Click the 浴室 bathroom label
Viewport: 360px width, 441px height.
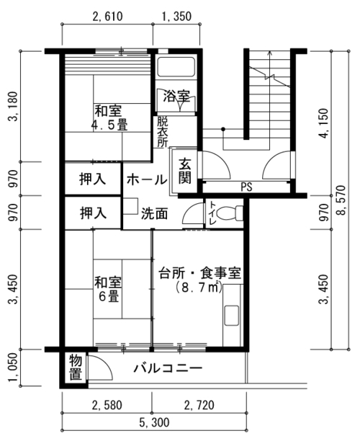click(176, 96)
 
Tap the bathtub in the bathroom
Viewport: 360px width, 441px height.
click(176, 67)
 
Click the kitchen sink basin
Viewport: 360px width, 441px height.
click(232, 316)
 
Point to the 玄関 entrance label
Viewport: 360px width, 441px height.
click(185, 171)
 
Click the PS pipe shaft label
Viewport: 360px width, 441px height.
click(246, 187)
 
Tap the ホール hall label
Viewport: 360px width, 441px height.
click(147, 179)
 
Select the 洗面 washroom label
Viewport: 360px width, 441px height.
click(154, 214)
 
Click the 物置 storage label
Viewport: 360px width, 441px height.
click(76, 367)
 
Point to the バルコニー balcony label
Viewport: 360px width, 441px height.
click(168, 368)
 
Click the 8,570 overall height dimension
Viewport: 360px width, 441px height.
click(341, 200)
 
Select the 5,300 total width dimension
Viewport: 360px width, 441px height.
click(154, 422)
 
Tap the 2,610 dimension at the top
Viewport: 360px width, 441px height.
click(107, 17)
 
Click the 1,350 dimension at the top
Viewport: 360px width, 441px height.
click(176, 17)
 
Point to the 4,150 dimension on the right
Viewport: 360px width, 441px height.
click(324, 123)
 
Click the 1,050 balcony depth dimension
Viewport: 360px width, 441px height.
click(14, 368)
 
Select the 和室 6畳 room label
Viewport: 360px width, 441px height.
click(108, 290)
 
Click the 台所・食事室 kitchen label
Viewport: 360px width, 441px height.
click(200, 273)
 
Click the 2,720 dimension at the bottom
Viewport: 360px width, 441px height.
click(199, 405)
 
